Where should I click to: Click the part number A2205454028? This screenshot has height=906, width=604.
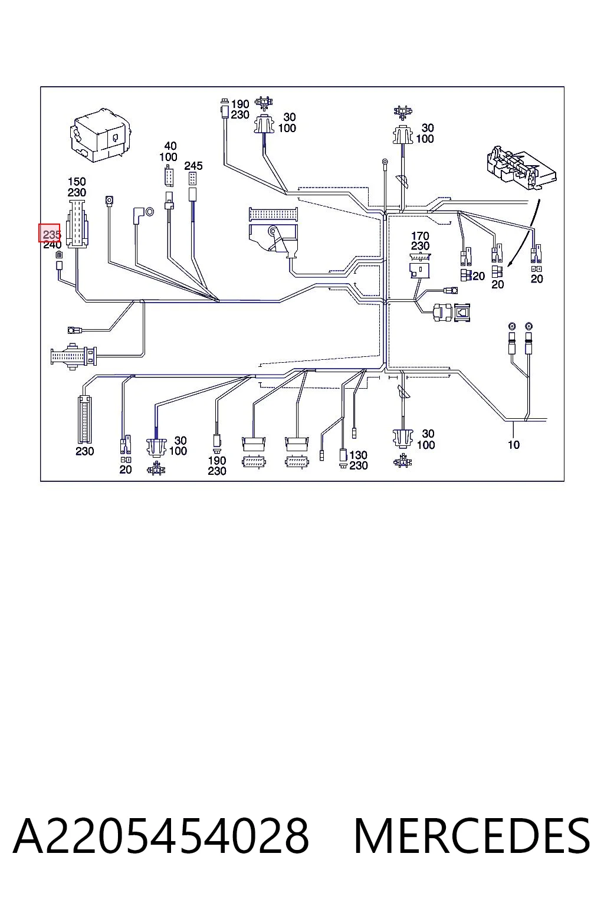tap(161, 836)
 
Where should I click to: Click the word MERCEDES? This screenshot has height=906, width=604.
tap(472, 836)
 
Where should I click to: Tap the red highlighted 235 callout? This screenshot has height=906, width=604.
tap(50, 233)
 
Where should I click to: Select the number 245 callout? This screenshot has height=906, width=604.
tap(193, 166)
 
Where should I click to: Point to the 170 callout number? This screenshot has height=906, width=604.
tap(420, 235)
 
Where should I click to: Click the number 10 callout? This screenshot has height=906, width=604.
tap(514, 445)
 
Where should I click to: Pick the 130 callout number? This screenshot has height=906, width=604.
tap(359, 455)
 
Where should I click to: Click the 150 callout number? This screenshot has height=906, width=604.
tap(77, 182)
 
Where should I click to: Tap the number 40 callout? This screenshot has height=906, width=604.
tap(170, 146)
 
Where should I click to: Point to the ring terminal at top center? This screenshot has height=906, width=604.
tap(385, 163)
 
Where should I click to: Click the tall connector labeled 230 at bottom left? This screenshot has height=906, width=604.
tap(84, 419)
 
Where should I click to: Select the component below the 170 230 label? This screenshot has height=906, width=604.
tap(420, 266)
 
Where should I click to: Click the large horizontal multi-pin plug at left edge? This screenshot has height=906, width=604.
tap(74, 356)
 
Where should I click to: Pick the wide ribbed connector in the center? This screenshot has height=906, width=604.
tap(274, 214)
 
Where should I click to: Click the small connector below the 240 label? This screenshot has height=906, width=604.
tap(59, 265)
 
